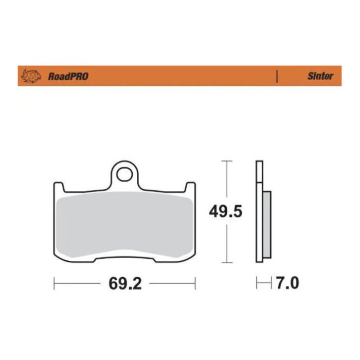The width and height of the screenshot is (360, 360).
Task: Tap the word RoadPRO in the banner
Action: click(68, 76)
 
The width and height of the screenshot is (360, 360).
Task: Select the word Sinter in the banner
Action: click(320, 76)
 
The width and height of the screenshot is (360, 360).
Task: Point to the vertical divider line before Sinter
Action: click(277, 76)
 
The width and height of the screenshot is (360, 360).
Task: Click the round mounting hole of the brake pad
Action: click(124, 174)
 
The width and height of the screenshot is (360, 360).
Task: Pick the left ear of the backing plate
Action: click(58, 186)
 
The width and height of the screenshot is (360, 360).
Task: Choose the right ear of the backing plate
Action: click(190, 186)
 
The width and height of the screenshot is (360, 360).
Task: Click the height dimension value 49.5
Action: click(225, 211)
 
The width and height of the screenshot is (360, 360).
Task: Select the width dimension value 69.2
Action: click(124, 283)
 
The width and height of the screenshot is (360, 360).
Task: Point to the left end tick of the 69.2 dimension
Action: click(54, 283)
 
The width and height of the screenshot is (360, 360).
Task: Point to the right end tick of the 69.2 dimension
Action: click(195, 283)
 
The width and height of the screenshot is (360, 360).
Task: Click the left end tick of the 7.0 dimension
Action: click(257, 283)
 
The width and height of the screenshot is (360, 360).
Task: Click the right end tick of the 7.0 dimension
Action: click(271, 283)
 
